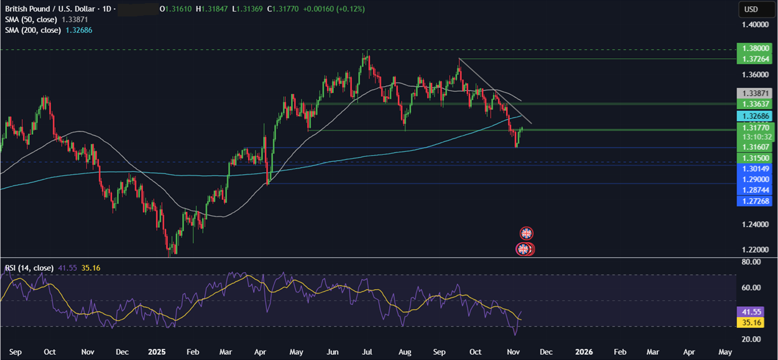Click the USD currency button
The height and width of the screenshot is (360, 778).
(x=751, y=9)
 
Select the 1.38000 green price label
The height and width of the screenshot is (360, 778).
(x=756, y=48)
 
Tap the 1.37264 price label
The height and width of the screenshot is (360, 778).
(x=756, y=59)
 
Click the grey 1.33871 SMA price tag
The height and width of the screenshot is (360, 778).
(x=756, y=92)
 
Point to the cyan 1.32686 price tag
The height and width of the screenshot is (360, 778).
(x=756, y=116)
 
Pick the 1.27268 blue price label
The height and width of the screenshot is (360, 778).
(x=756, y=201)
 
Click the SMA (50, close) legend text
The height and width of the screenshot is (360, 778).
(x=31, y=20)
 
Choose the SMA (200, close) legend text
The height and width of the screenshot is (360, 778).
(x=33, y=30)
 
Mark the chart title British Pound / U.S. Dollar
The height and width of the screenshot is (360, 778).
(x=48, y=9)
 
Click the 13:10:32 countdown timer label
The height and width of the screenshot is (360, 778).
(x=756, y=137)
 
